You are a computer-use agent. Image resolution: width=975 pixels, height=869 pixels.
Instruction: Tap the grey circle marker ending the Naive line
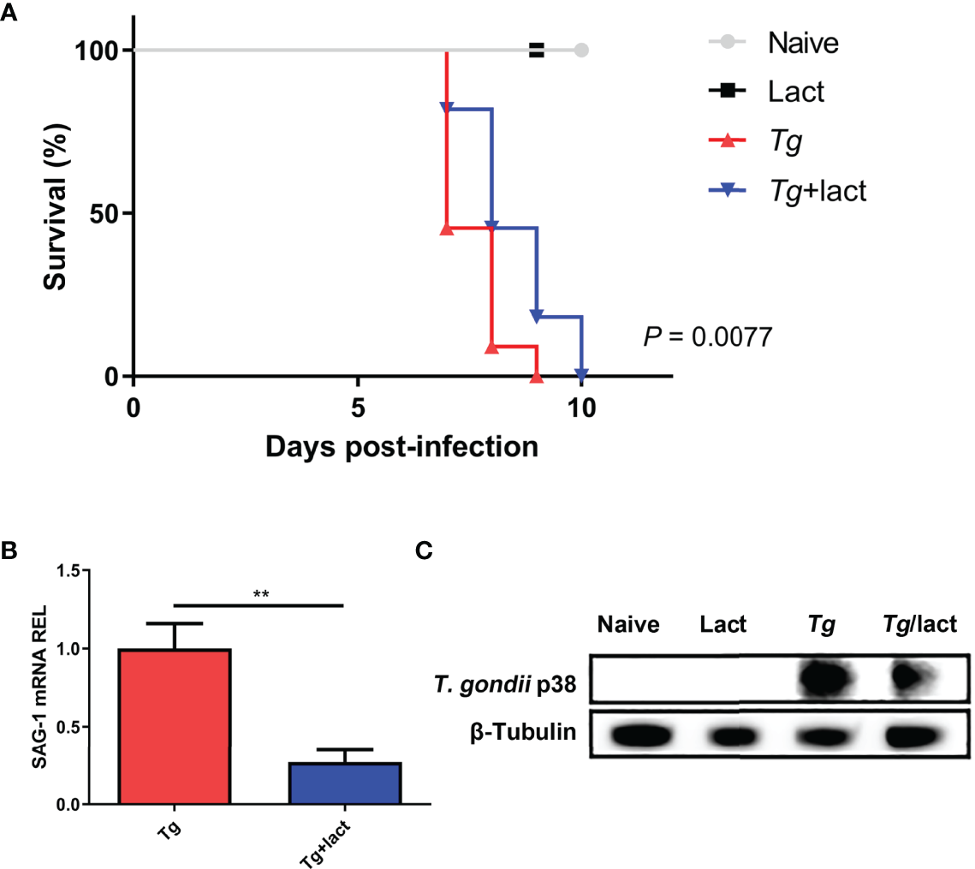click(x=581, y=51)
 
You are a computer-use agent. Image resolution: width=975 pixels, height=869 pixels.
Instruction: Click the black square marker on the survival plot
click(x=537, y=51)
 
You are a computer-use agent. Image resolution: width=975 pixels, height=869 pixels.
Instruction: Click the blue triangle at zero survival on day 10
click(x=582, y=376)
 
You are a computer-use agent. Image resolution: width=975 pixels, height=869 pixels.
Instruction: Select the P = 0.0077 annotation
click(x=708, y=336)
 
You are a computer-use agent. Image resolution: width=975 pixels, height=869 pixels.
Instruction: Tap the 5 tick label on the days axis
click(x=357, y=408)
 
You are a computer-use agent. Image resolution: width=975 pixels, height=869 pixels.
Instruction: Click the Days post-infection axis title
click(x=401, y=445)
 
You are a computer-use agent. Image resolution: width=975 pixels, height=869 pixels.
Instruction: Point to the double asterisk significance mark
click(x=258, y=592)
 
